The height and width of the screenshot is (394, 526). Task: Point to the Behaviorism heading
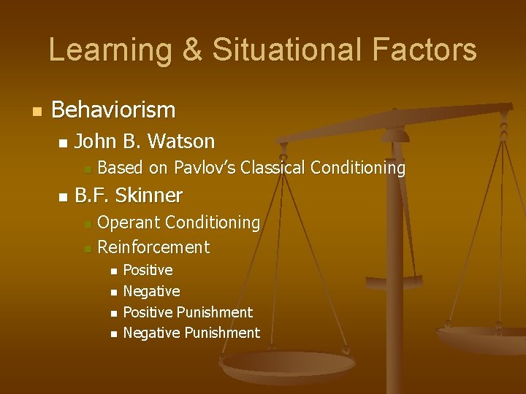click(x=113, y=110)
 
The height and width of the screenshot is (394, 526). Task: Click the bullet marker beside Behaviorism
click(x=36, y=112)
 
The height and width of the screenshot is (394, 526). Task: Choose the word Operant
click(x=129, y=222)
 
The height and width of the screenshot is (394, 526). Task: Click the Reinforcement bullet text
click(x=153, y=247)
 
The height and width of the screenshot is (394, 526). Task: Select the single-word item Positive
click(x=148, y=270)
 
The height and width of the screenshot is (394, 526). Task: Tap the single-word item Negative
click(x=151, y=291)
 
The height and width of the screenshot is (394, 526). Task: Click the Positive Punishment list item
click(x=188, y=312)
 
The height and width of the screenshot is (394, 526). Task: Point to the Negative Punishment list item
click(x=191, y=333)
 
